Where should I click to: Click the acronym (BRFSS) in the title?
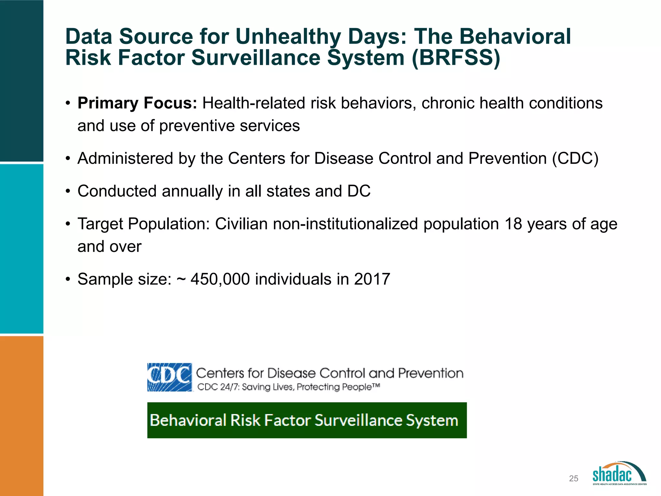[x=456, y=58]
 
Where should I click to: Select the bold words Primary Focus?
[x=137, y=103]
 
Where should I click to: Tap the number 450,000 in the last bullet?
[x=220, y=279]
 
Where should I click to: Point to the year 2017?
[x=372, y=279]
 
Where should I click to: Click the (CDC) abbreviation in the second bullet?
[x=575, y=159]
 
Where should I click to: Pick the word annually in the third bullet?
[x=192, y=191]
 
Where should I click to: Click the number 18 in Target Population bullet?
[x=513, y=224]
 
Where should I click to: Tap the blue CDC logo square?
[x=170, y=377]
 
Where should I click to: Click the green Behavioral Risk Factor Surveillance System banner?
[x=307, y=420]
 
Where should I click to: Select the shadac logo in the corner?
[x=619, y=473]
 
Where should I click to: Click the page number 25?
[x=574, y=479]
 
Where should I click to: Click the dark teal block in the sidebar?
[x=21, y=81]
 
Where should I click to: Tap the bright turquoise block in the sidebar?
[x=21, y=249]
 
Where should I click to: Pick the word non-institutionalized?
[x=345, y=224]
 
